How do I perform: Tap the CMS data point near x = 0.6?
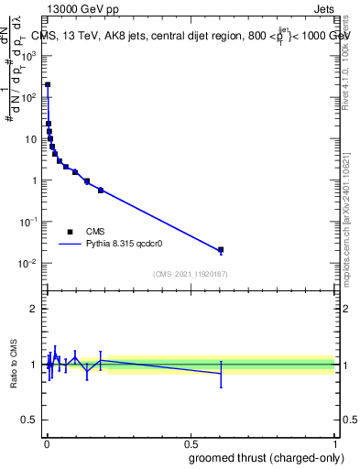click(221, 249)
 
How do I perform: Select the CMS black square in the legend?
click(70, 232)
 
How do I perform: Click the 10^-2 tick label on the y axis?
click(29, 264)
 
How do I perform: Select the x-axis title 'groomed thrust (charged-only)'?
click(266, 457)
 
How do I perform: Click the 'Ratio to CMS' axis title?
click(15, 365)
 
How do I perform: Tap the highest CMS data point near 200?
click(48, 84)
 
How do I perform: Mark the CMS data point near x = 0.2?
click(101, 190)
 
